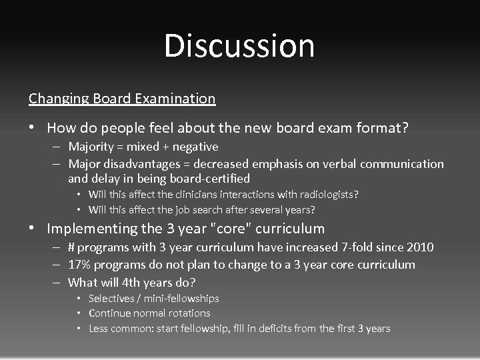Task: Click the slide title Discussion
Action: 239,46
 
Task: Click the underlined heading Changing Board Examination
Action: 122,99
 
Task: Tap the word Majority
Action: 89,146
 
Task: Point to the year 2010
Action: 419,247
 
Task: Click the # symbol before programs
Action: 71,247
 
